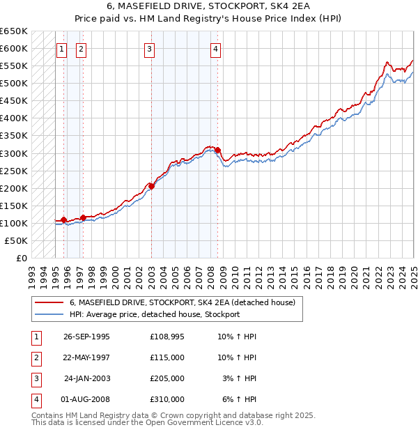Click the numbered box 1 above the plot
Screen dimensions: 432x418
point(62,49)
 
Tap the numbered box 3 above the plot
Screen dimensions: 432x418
point(150,49)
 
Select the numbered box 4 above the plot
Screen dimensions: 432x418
point(217,49)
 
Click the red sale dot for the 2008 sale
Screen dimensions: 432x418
point(218,150)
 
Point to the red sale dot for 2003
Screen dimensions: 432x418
point(151,186)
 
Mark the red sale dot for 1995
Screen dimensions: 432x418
point(64,220)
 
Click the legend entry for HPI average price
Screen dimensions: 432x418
point(155,315)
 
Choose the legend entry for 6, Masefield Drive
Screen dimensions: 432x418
point(183,302)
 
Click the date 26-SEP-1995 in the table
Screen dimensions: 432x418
point(86,336)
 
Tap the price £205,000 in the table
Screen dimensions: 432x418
point(167,378)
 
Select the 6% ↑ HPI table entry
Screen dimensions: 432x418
point(239,399)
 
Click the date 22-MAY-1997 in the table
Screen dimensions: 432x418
point(86,357)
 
